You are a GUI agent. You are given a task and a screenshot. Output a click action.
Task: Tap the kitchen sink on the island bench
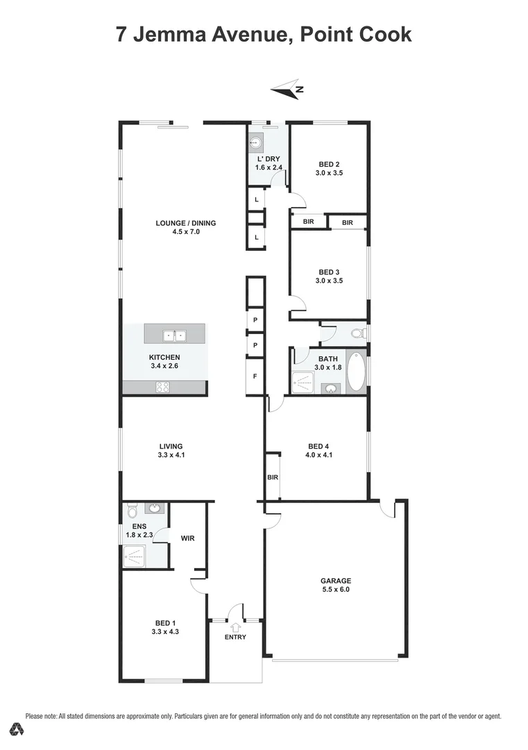click(174, 335)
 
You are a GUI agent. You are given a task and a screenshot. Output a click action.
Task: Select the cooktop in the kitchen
click(164, 387)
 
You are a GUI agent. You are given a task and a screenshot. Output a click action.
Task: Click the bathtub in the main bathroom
click(355, 372)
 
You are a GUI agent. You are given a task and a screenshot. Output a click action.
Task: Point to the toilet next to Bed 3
click(358, 334)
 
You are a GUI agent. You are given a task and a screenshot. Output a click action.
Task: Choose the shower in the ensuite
click(135, 555)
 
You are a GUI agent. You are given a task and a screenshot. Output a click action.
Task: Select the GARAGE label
click(335, 581)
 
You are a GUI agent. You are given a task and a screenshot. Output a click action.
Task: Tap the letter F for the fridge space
click(255, 376)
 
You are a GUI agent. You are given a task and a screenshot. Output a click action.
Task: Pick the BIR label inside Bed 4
click(273, 478)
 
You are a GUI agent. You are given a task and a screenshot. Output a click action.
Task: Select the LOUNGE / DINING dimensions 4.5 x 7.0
click(186, 233)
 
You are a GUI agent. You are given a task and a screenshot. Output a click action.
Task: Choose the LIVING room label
click(171, 447)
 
